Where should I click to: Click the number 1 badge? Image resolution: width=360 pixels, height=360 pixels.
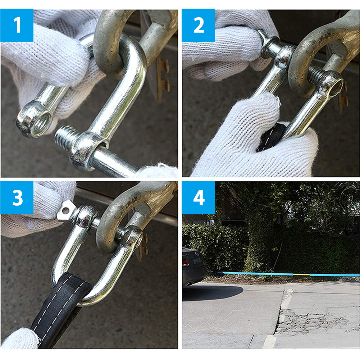pos(17,25)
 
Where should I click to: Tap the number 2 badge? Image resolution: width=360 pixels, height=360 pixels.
pos(198,25)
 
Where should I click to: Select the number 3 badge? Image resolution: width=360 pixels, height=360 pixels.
pos(17,198)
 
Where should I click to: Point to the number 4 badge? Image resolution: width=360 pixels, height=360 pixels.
pos(198,198)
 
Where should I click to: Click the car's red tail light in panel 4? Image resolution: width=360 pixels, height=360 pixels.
pos(186,262)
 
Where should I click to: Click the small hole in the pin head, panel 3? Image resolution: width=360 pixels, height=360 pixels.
pos(66,210)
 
